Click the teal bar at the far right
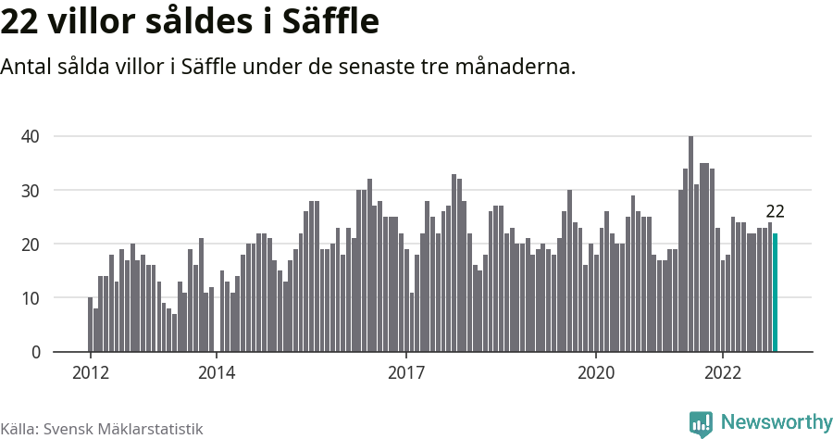(x=776, y=293)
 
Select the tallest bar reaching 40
(x=690, y=245)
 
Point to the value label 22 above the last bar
(x=775, y=212)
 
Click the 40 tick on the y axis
(x=31, y=136)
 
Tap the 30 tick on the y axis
(x=31, y=190)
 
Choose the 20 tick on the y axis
(x=31, y=245)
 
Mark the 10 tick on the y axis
(x=31, y=298)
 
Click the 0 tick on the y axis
(x=36, y=352)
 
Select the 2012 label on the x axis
(x=90, y=373)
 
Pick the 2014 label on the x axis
(x=216, y=373)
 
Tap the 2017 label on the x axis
(x=405, y=373)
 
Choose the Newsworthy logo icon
(x=701, y=423)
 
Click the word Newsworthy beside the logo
(x=776, y=422)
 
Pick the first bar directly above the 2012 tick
(x=90, y=325)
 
